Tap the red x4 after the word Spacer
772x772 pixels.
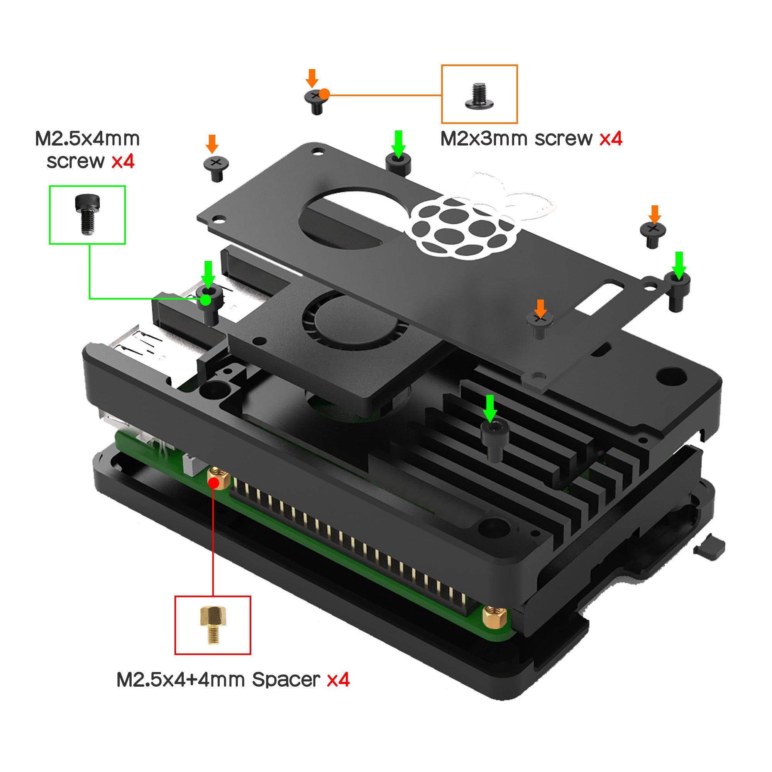coord(338,680)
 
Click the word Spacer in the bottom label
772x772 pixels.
coord(286,680)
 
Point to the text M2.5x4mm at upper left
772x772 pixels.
coord(87,139)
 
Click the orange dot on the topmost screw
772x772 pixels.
coord(325,94)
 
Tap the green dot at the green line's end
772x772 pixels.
coord(206,300)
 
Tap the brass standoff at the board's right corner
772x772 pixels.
coord(495,616)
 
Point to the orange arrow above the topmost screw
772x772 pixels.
coord(312,78)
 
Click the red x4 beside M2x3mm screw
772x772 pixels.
coord(611,139)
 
